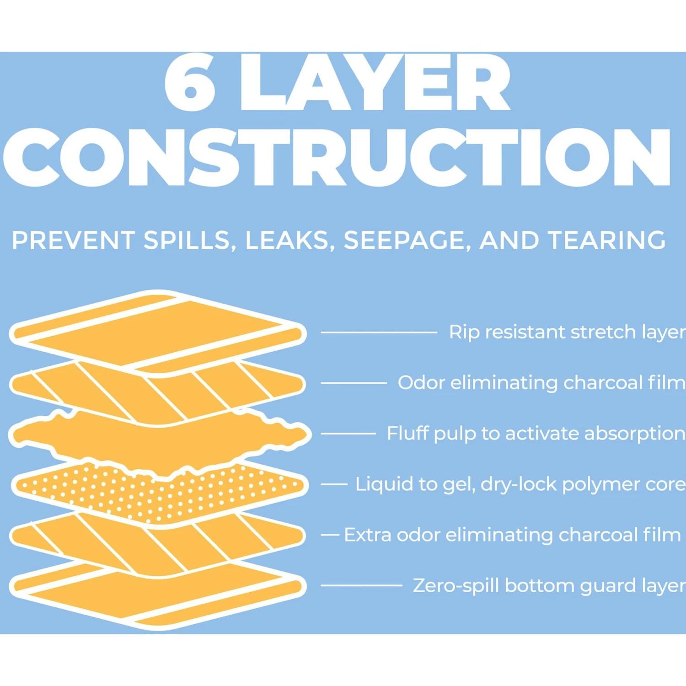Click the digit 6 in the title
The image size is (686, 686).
190,82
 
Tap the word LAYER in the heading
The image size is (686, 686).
375,82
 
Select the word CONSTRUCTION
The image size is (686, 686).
338,157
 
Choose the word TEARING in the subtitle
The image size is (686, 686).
607,241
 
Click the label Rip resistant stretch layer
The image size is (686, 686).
567,332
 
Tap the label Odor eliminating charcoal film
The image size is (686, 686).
541,383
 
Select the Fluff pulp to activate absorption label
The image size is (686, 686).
536,434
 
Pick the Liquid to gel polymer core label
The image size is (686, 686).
520,484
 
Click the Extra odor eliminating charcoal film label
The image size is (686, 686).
513,535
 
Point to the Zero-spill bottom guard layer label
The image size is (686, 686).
549,586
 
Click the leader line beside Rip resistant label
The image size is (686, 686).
379,332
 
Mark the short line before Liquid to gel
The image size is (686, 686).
334,484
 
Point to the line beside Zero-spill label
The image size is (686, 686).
361,585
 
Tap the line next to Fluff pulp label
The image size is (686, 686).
348,434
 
